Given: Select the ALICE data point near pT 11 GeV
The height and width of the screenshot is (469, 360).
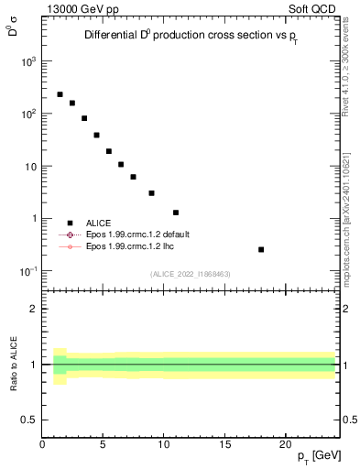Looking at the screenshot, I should (176, 213).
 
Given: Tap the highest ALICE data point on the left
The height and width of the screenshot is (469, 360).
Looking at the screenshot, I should (60, 94).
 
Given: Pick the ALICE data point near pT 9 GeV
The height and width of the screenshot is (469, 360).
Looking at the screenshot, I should (151, 193).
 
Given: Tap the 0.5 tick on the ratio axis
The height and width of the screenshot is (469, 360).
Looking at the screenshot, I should (30, 420).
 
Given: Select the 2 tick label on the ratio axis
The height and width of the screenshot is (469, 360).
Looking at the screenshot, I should (34, 309).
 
